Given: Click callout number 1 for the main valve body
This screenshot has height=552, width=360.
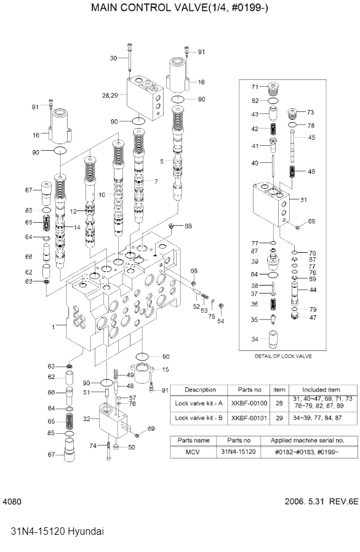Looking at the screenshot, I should point(54,327).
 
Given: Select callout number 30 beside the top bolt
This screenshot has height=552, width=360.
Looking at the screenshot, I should point(113,58).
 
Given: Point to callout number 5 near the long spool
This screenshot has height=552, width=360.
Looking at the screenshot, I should point(162,161).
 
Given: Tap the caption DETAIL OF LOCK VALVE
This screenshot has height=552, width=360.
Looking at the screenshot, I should point(283,356).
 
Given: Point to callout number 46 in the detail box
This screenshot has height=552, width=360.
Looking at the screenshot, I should point(311,172).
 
